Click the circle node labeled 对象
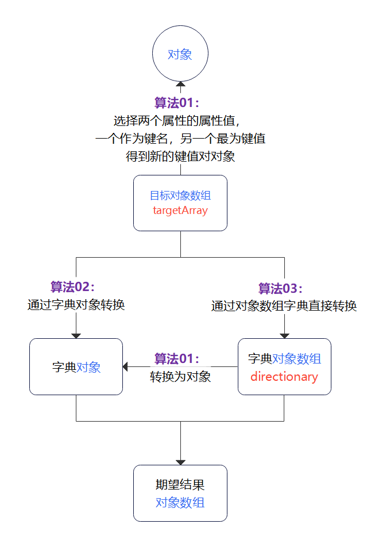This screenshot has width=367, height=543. (x=180, y=55)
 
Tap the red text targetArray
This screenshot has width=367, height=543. (x=180, y=211)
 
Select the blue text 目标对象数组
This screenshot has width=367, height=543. (x=180, y=196)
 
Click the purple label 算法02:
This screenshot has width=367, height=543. (x=72, y=286)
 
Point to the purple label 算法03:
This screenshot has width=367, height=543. (x=280, y=288)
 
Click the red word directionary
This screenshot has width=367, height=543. (x=284, y=377)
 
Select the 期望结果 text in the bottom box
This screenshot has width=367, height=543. (x=180, y=485)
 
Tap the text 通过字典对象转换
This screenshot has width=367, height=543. (x=76, y=305)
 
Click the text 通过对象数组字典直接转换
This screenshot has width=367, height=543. (x=284, y=306)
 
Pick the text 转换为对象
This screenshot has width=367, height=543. (x=180, y=377)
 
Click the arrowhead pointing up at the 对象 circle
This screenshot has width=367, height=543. (x=180, y=85)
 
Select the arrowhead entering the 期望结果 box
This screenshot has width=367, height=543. (x=180, y=461)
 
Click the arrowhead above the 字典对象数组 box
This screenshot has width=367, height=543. (x=284, y=335)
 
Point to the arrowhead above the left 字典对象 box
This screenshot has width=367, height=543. (x=76, y=335)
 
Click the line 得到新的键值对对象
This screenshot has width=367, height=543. (x=180, y=156)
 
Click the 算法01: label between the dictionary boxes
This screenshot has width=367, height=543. (x=177, y=359)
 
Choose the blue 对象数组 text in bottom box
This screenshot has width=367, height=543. (x=180, y=502)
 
